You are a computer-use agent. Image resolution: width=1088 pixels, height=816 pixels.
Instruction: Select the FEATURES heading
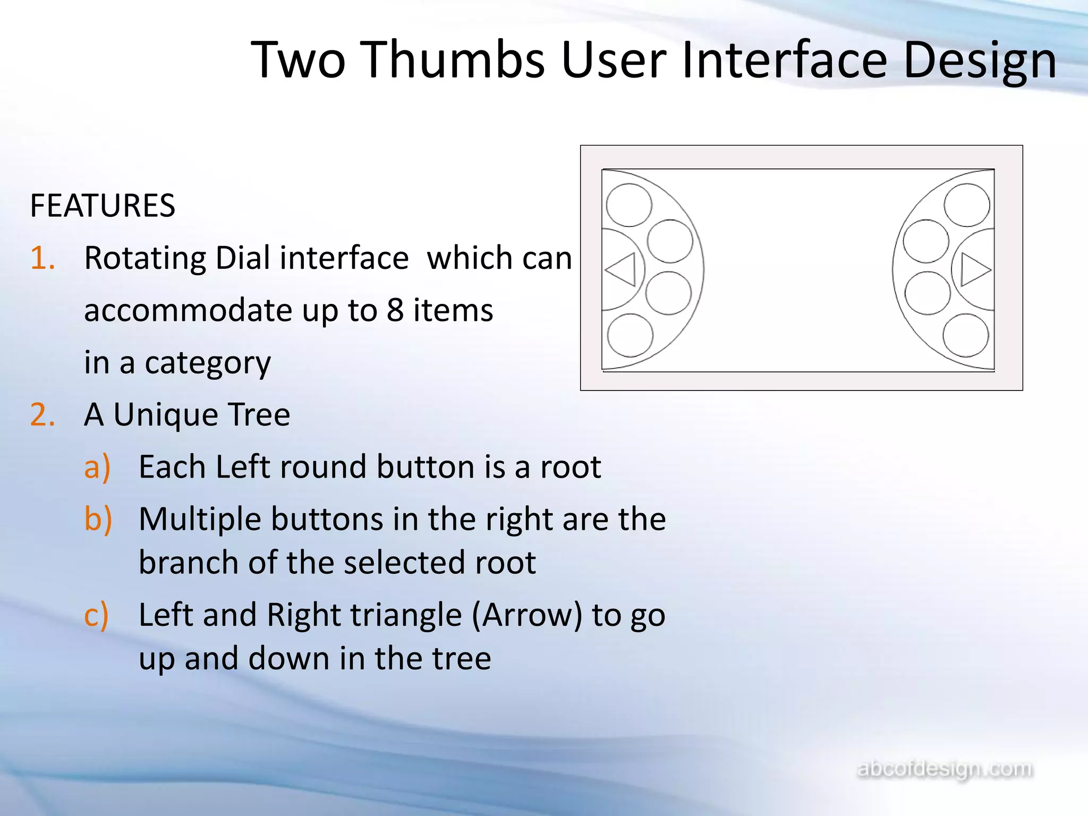pyautogui.click(x=103, y=206)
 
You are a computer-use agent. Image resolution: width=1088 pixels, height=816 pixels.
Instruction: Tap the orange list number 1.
pyautogui.click(x=42, y=259)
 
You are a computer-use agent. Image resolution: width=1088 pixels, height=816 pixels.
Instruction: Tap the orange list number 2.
pyautogui.click(x=42, y=415)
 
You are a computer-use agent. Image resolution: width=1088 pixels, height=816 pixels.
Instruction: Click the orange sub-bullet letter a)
pyautogui.click(x=97, y=467)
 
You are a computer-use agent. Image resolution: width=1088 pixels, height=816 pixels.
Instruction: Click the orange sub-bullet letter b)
pyautogui.click(x=98, y=519)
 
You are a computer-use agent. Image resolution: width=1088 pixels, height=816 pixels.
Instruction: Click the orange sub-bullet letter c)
pyautogui.click(x=97, y=615)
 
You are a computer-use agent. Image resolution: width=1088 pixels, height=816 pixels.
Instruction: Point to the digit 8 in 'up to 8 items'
pyautogui.click(x=395, y=310)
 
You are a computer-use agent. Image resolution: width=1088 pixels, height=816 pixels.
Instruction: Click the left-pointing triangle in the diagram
pyautogui.click(x=622, y=270)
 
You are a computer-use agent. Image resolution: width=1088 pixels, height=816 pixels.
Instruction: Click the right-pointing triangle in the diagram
pyautogui.click(x=974, y=270)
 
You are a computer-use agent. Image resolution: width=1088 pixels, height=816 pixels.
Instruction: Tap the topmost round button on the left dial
pyautogui.click(x=629, y=205)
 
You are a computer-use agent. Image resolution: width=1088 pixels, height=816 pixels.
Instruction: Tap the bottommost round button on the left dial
pyautogui.click(x=630, y=335)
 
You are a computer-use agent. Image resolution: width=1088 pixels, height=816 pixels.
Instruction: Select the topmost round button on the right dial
pyautogui.click(x=967, y=205)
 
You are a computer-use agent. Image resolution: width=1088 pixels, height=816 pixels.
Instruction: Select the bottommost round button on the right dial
pyautogui.click(x=966, y=335)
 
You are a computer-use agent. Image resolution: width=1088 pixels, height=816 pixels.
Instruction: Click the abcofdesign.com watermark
pyautogui.click(x=945, y=769)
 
